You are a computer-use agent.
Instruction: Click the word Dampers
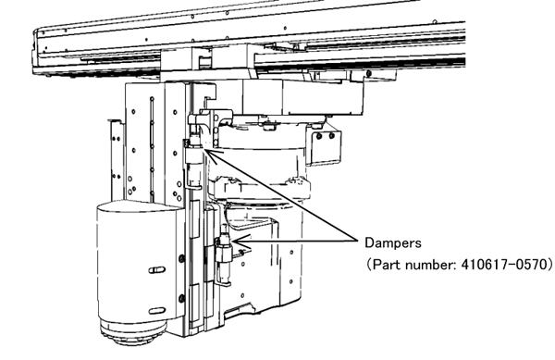[x=393, y=243]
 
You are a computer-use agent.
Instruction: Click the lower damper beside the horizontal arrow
[x=225, y=253]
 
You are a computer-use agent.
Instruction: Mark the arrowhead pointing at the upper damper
[x=213, y=155]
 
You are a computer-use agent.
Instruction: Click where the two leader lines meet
[x=358, y=241]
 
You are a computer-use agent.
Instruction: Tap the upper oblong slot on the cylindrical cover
[x=157, y=270]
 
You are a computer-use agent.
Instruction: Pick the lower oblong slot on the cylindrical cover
[x=157, y=311]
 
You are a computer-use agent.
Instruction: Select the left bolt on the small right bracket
[x=319, y=136]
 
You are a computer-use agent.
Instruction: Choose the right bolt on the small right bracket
[x=332, y=135]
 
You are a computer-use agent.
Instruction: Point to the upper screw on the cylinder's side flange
[x=182, y=258]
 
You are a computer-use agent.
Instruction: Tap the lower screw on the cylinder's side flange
[x=182, y=298]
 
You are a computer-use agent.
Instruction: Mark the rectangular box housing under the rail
[x=303, y=96]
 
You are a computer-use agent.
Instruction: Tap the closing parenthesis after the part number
[x=549, y=265]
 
